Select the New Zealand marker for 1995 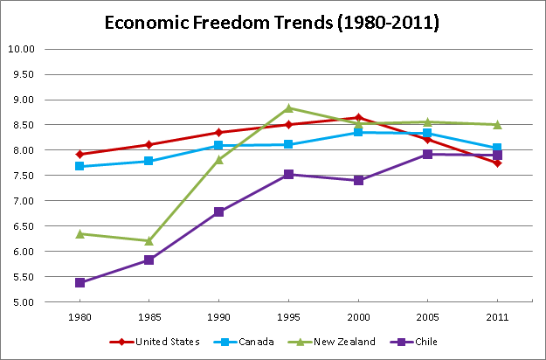click(288, 108)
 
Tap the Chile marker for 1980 click(79, 282)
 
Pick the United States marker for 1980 click(79, 155)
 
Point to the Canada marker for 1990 click(218, 146)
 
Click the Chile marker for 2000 click(358, 180)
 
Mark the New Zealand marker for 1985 click(149, 240)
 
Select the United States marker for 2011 click(497, 163)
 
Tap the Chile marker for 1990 click(218, 211)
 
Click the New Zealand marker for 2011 click(497, 124)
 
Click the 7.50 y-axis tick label click(47, 201)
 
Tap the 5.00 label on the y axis click(47, 302)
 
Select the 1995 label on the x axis click(288, 315)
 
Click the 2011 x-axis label click(497, 315)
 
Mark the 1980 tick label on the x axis click(79, 315)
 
